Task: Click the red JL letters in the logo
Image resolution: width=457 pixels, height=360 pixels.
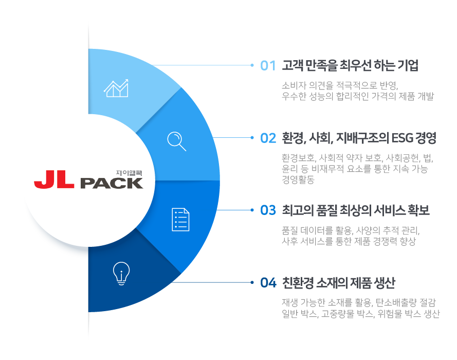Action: pyautogui.click(x=54, y=179)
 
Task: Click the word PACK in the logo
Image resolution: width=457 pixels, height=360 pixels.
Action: pyautogui.click(x=112, y=183)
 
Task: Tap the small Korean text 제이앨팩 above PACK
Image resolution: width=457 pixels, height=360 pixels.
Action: pyautogui.click(x=129, y=173)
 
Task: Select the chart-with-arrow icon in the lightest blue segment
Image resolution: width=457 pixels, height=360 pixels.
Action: pyautogui.click(x=116, y=88)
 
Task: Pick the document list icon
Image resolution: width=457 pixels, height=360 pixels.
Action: pyautogui.click(x=181, y=220)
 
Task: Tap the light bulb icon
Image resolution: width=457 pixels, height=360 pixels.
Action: pyautogui.click(x=121, y=274)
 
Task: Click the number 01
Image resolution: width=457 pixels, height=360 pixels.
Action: pyautogui.click(x=268, y=66)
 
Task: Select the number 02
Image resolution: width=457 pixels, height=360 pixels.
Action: pyautogui.click(x=268, y=138)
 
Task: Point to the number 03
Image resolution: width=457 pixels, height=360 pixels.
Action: pyautogui.click(x=268, y=210)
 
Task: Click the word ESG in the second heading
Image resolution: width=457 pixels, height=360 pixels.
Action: pyautogui.click(x=402, y=138)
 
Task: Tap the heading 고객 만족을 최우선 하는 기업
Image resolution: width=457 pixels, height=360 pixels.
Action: pyautogui.click(x=350, y=65)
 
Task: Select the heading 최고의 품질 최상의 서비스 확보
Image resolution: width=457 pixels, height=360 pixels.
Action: pyautogui.click(x=356, y=210)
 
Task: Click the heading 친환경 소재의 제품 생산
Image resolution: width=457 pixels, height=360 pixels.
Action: pyautogui.click(x=338, y=282)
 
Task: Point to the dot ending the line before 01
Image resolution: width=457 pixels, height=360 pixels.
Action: pyautogui.click(x=252, y=65)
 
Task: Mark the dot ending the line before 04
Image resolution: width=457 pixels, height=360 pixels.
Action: pyautogui.click(x=252, y=282)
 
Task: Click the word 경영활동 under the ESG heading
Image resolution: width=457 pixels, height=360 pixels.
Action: pyautogui.click(x=298, y=179)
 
